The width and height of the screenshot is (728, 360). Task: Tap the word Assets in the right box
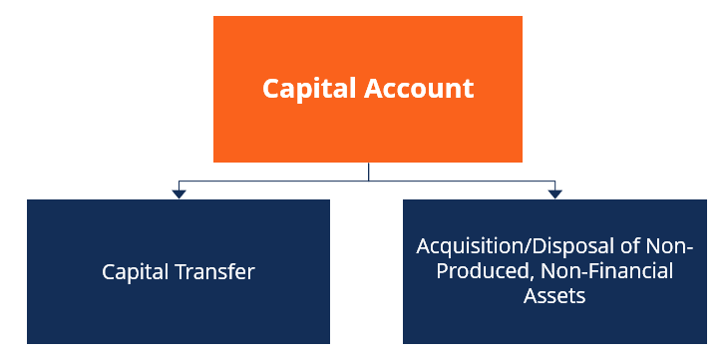coord(553,296)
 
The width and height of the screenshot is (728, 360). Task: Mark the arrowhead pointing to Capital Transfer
coord(179,192)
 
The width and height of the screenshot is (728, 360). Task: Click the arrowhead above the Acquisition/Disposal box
coord(554,192)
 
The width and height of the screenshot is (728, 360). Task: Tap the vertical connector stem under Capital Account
coord(368,171)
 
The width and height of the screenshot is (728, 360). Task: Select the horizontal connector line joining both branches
coord(269,180)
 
